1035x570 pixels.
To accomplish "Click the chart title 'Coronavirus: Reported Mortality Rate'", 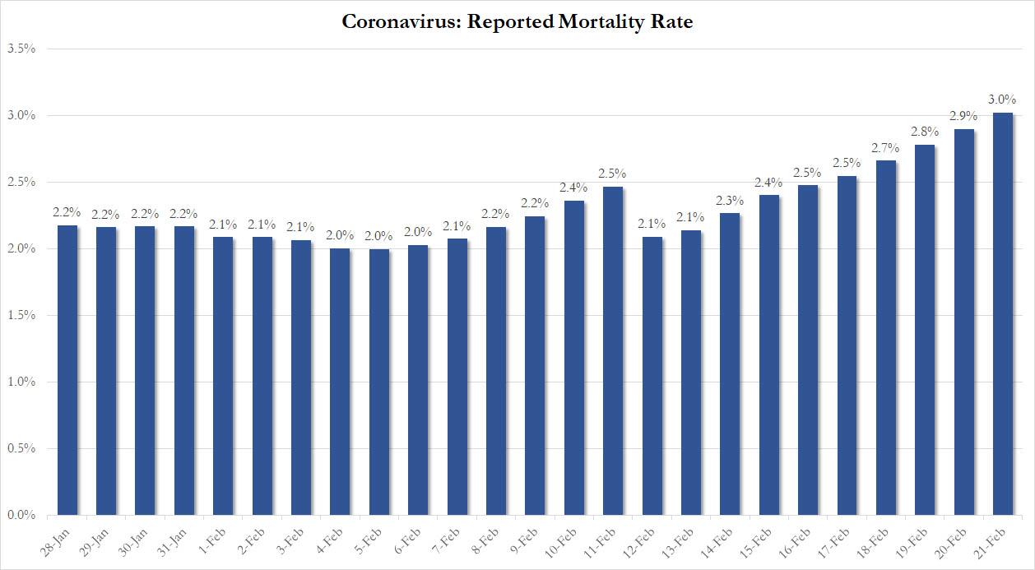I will click(517, 22).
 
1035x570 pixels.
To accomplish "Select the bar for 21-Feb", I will click(1002, 314).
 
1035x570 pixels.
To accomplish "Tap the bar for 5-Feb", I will click(379, 382).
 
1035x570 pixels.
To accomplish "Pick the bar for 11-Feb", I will click(613, 351).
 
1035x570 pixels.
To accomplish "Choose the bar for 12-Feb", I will click(652, 376).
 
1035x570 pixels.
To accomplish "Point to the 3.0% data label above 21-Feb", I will click(1002, 99).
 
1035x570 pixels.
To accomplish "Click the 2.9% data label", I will click(963, 115).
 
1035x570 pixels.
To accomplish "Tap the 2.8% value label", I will click(924, 131).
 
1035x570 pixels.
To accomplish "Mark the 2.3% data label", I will click(730, 200).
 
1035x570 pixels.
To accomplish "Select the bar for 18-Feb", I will click(885, 338).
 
